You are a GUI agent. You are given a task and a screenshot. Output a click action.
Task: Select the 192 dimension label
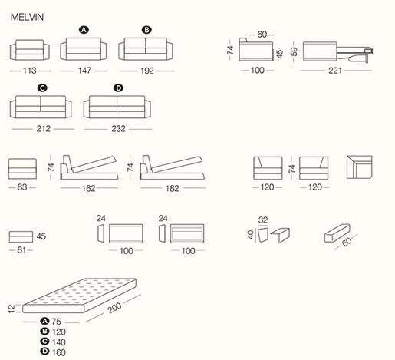(x=147, y=70)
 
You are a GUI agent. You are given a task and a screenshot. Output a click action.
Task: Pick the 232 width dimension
(x=118, y=128)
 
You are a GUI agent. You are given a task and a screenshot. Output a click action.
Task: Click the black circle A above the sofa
(x=84, y=29)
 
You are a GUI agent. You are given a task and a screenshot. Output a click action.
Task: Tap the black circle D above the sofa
(x=118, y=88)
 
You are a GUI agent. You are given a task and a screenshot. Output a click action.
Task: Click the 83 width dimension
(x=22, y=187)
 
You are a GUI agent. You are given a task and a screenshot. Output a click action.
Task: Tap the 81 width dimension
(x=21, y=250)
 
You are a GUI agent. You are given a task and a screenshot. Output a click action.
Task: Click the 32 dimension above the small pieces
(x=264, y=220)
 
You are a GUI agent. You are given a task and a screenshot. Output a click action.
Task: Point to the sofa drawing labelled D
(x=118, y=107)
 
